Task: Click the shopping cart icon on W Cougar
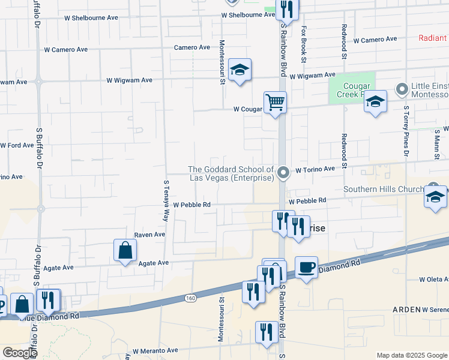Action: point(276,103)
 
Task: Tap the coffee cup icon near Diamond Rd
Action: point(306,267)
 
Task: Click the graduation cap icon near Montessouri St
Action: point(240,70)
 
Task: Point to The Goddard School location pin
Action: point(284,173)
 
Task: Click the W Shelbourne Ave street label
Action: point(248,14)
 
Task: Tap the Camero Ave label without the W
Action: point(192,47)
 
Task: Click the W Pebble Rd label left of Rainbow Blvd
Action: point(192,205)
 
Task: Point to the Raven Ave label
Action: point(149,235)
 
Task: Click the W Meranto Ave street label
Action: point(155,350)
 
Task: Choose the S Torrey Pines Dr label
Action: point(406,132)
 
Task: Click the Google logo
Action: point(20,353)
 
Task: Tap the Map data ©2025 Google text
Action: point(411,355)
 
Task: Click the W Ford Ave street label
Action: point(17,145)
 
